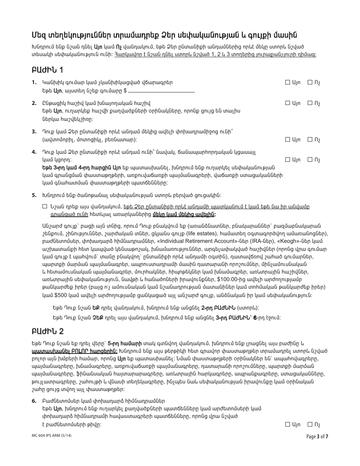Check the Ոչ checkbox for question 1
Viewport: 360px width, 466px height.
310,82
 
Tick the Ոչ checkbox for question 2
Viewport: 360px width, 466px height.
310,103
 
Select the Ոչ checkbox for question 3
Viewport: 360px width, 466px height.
310,140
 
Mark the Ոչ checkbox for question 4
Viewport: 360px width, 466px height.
310,160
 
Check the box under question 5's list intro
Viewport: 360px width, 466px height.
45,207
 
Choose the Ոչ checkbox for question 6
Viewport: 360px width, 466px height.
310,425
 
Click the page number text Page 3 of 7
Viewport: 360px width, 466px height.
317,436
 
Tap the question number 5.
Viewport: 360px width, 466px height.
34,195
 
